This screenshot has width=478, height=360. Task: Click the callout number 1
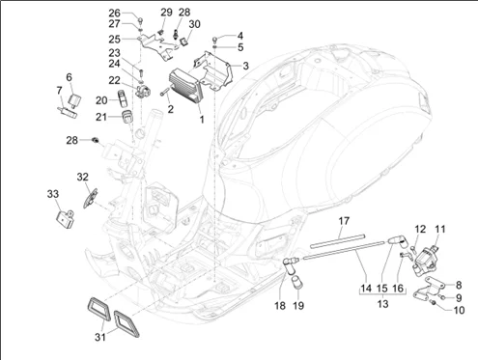[x=202, y=120]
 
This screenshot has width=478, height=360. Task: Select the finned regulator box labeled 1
[x=185, y=86]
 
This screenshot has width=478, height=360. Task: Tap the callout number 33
[x=53, y=194]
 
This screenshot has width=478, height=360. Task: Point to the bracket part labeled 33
[x=65, y=219]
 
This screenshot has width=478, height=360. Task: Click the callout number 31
[x=100, y=337]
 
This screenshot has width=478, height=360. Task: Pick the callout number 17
[x=344, y=221]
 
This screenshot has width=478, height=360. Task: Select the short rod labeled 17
[x=338, y=241]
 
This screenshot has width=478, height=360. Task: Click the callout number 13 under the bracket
[x=382, y=304]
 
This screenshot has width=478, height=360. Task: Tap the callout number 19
[x=298, y=305]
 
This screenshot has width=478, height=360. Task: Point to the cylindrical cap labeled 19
[x=296, y=281]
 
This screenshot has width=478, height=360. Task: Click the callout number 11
[x=440, y=229]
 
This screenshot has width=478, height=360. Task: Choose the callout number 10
[x=459, y=310]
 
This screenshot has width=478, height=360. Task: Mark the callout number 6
[x=69, y=77]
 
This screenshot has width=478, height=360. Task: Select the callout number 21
[x=101, y=117]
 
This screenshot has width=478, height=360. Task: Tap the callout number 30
[x=194, y=24]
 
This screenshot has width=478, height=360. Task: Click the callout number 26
[x=114, y=14]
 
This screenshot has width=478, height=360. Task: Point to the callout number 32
[x=83, y=177]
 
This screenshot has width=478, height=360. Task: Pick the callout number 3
[x=245, y=66]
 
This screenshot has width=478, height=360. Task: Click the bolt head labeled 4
[x=214, y=39]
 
